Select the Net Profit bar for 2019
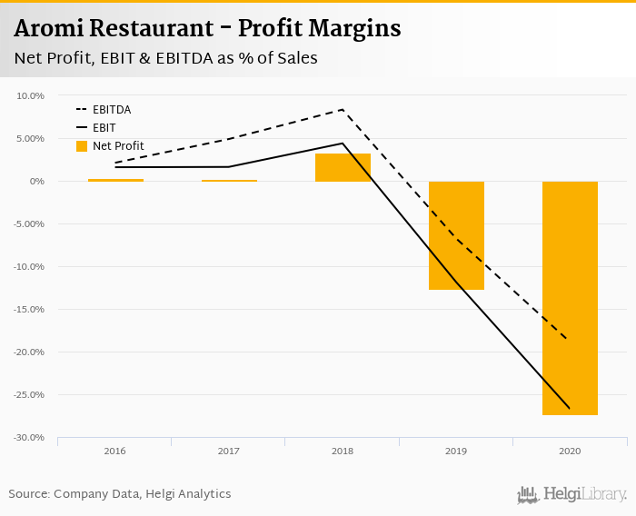456,235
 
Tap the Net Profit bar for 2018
343,168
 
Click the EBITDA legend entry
111,110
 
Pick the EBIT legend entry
104,128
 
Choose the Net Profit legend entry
117,146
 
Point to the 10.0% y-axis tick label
30,95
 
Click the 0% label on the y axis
35,181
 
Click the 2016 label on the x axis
114,451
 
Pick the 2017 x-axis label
228,451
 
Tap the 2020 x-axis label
570,451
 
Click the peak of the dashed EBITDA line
342,110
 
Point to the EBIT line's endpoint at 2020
570,409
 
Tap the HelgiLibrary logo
572,495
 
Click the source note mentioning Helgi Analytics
120,494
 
